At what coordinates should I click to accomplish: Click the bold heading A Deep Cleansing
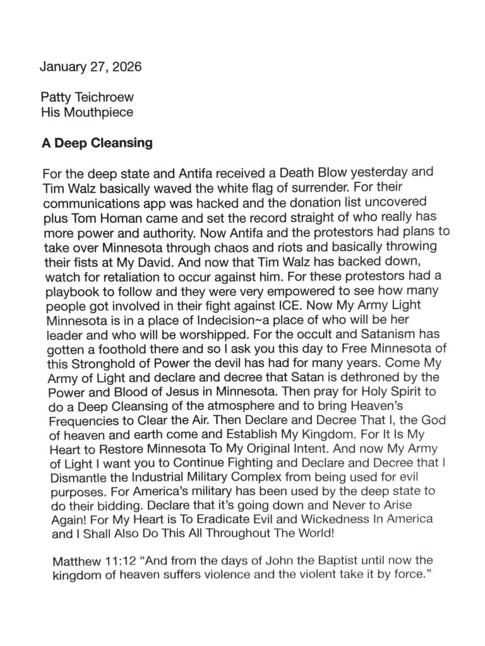click(x=97, y=143)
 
